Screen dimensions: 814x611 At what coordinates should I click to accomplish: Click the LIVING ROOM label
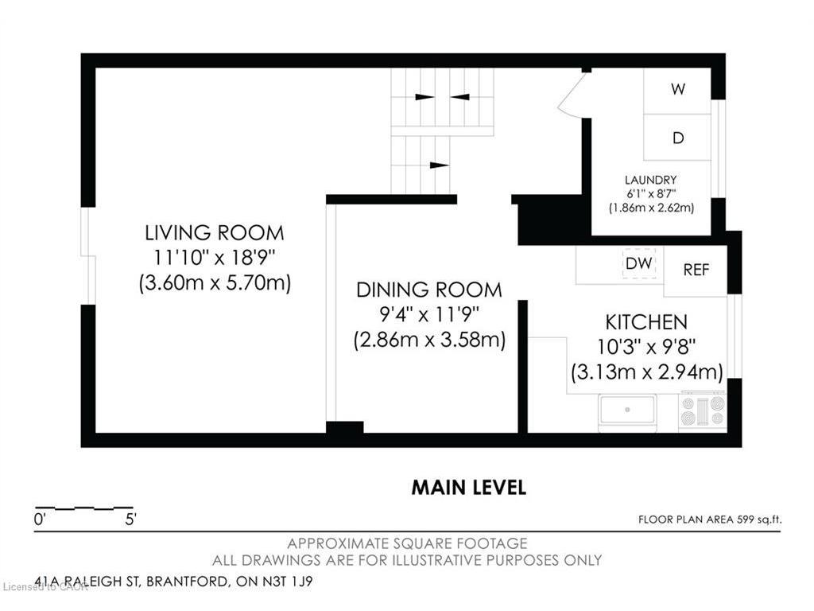click(215, 233)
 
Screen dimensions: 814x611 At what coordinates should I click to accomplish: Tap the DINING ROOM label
click(428, 290)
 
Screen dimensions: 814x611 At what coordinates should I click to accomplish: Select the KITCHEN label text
click(646, 322)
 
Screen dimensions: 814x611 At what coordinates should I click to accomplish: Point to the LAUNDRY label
click(650, 181)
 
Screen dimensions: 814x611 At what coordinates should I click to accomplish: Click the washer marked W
click(677, 91)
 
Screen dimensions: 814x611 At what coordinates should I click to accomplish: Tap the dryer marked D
click(677, 137)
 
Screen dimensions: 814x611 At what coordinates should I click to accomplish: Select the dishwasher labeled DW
click(638, 263)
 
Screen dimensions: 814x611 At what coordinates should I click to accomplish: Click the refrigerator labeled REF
click(695, 270)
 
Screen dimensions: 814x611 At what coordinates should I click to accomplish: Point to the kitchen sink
click(628, 411)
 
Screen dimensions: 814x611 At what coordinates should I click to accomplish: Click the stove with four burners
click(703, 411)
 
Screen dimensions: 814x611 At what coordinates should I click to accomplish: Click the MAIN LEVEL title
click(469, 488)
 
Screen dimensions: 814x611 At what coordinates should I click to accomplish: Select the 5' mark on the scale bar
click(130, 519)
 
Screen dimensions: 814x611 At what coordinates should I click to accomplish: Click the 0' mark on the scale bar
click(40, 519)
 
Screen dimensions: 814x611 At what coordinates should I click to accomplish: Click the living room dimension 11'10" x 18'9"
click(214, 258)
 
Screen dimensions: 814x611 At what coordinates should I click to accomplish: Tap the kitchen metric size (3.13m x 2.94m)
click(647, 372)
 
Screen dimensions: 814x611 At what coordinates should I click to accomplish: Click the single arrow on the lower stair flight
click(439, 165)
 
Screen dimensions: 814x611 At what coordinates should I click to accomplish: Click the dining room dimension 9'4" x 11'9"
click(428, 314)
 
